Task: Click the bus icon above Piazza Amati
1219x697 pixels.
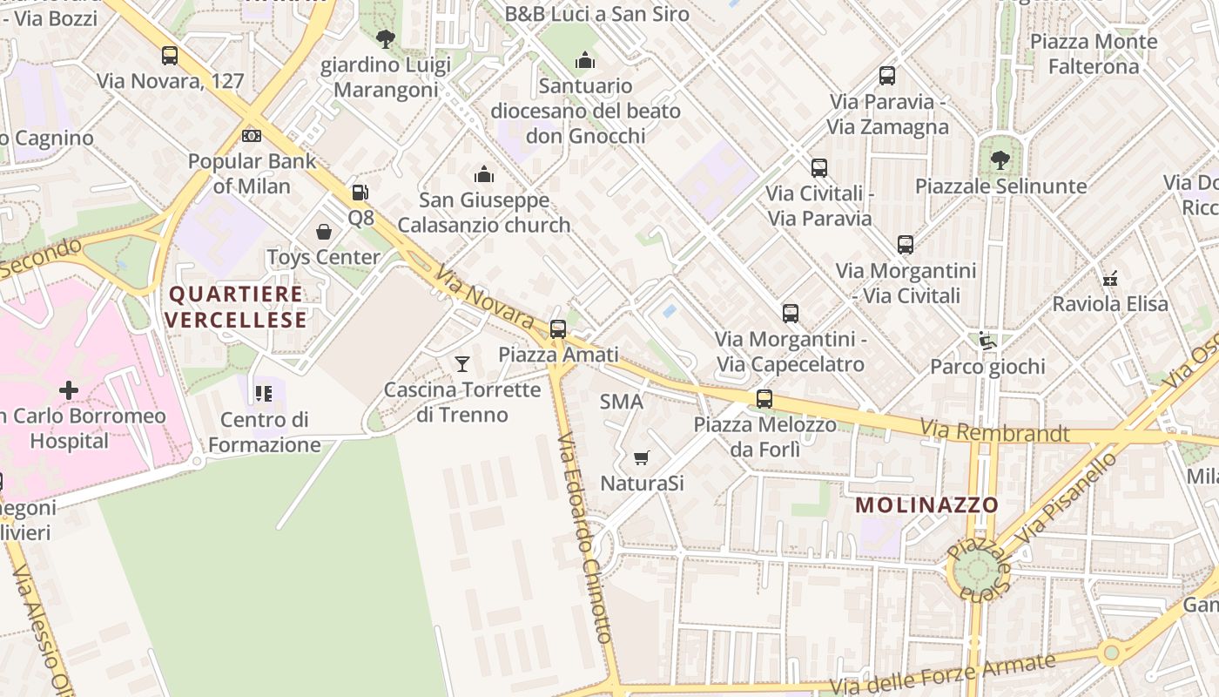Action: (x=558, y=329)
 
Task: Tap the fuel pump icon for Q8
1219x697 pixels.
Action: (x=360, y=193)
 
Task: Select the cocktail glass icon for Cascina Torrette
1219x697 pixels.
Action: (x=462, y=364)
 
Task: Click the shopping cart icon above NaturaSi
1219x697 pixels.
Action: (x=642, y=457)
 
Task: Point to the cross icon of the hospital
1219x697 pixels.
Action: (x=69, y=390)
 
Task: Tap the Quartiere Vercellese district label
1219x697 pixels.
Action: (x=236, y=307)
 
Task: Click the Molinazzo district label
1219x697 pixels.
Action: (x=926, y=505)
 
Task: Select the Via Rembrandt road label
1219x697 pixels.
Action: (x=994, y=430)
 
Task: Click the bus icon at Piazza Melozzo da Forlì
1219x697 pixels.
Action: (x=764, y=399)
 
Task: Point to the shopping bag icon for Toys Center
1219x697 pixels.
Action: (x=324, y=232)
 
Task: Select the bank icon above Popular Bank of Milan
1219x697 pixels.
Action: (x=252, y=136)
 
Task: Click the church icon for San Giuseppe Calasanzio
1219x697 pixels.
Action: (x=484, y=175)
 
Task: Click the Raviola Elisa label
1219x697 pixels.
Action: (x=1110, y=304)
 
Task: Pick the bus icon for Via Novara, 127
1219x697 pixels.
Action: (x=170, y=56)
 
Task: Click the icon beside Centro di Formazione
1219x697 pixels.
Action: (x=264, y=394)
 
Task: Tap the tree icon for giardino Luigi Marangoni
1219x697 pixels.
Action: (x=385, y=39)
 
